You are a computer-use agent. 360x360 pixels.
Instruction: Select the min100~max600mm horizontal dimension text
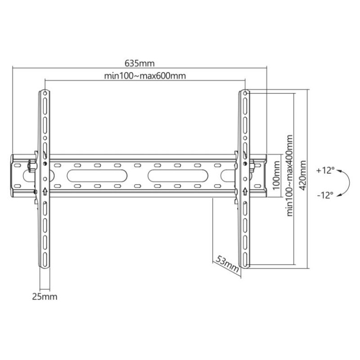pos(145,76)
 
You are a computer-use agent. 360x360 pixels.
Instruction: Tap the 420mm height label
pos(303,179)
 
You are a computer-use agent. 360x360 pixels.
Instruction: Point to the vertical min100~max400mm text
pos(290,175)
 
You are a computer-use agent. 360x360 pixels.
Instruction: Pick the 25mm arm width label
pos(45,297)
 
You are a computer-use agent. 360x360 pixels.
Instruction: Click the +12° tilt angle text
pos(325,171)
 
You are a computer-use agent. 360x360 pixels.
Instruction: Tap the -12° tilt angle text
pos(325,195)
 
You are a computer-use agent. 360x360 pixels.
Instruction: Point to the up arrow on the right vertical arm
pos(244,191)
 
